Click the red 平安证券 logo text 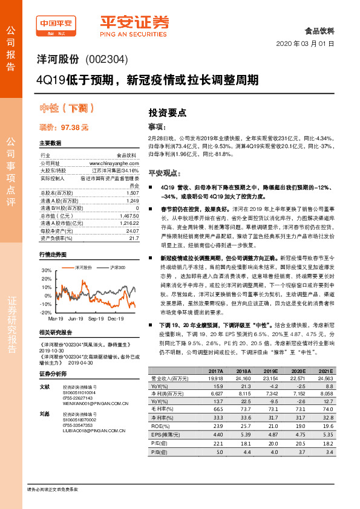point(134,22)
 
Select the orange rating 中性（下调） point(67,109)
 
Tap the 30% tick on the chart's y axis point(45,270)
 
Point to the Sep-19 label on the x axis point(96,317)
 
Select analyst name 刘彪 point(44,414)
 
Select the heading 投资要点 point(167,112)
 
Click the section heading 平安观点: point(165,172)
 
